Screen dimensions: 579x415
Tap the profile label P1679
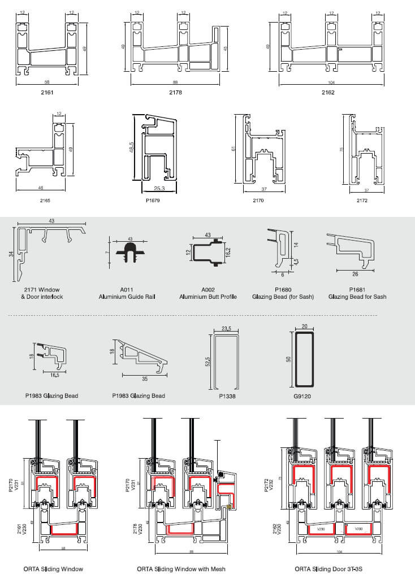click(154, 201)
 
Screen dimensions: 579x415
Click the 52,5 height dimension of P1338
click(209, 360)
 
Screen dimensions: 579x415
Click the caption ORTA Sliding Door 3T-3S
click(328, 569)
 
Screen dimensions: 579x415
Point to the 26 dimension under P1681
click(355, 275)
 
